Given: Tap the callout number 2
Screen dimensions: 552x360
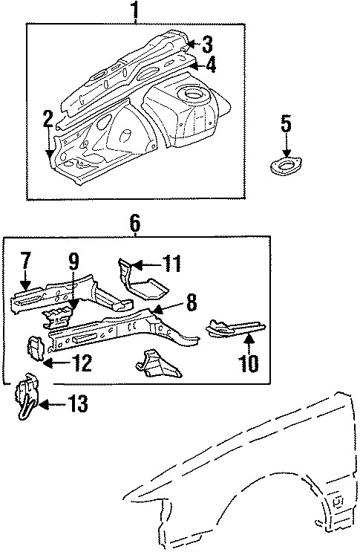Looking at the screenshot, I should point(48,119).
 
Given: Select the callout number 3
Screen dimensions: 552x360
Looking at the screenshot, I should point(208,44).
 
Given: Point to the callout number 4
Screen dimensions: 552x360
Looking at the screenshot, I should point(211,65).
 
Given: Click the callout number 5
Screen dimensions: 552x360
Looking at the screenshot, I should point(287,123).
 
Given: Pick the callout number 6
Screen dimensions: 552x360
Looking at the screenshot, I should point(134,223).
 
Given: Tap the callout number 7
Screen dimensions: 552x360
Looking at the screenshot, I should point(25,261).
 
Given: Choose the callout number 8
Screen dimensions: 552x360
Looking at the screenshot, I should point(191,302).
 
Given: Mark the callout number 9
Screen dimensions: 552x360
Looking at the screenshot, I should point(73,262).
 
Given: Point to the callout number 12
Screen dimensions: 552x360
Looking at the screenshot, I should point(82,363).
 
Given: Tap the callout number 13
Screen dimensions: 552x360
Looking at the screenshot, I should point(78,404).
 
